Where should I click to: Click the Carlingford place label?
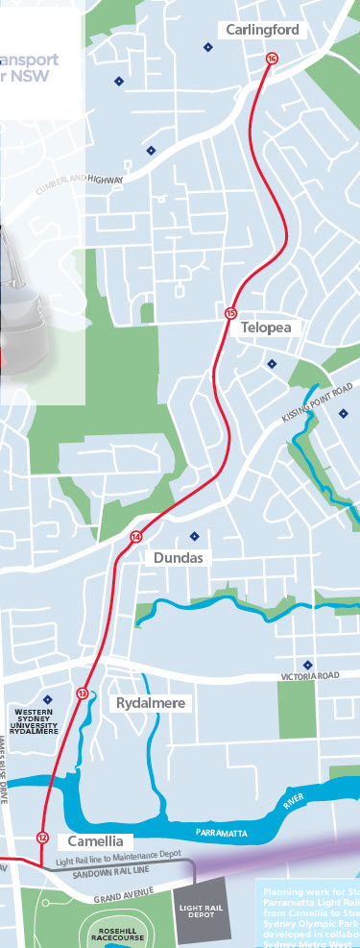[263, 31]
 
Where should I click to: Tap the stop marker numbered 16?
[272, 59]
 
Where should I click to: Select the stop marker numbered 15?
[230, 313]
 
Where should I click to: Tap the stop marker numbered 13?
[83, 693]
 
